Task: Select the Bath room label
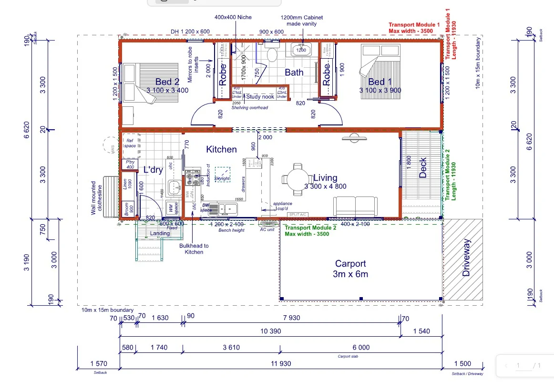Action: pyautogui.click(x=294, y=72)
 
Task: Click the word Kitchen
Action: pyautogui.click(x=221, y=149)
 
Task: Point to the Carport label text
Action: pyautogui.click(x=350, y=264)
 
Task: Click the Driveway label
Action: pyautogui.click(x=467, y=258)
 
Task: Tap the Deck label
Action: pyautogui.click(x=422, y=168)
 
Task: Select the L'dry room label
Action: pyautogui.click(x=154, y=170)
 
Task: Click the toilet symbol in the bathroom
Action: pyautogui.click(x=272, y=54)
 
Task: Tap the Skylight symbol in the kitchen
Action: pyautogui.click(x=222, y=174)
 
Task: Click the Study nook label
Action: pyautogui.click(x=260, y=97)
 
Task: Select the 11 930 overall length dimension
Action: pyautogui.click(x=281, y=364)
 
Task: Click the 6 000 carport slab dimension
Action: pyautogui.click(x=360, y=348)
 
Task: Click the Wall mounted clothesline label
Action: pyautogui.click(x=97, y=197)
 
